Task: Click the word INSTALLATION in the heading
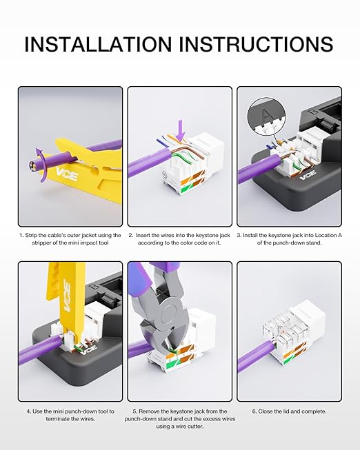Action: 98,44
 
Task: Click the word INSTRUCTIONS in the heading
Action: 257,44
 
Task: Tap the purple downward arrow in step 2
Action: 181,130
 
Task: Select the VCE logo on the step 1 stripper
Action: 67,174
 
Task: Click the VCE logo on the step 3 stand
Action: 308,174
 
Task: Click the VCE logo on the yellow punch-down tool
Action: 68,296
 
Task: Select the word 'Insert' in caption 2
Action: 143,235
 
